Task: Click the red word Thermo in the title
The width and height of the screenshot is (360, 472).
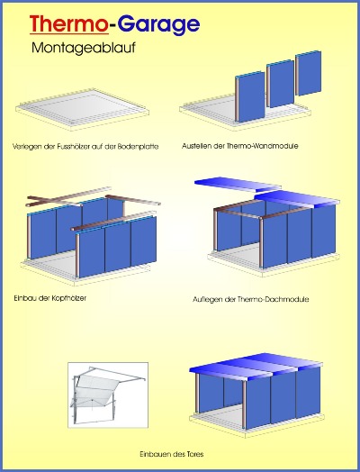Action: (69, 23)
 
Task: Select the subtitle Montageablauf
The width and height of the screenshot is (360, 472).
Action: (84, 48)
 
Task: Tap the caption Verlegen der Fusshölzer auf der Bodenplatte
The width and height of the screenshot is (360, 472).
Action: (85, 147)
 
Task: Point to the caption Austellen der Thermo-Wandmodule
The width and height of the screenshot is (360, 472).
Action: (240, 146)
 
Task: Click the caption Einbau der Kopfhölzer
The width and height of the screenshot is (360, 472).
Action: (49, 298)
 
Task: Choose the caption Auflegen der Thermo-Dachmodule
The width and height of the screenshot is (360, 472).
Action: (250, 300)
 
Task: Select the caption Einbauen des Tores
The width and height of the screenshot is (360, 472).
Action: (171, 454)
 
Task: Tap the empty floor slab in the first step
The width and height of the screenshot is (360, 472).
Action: (82, 110)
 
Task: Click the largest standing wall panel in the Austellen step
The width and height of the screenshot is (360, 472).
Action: (250, 96)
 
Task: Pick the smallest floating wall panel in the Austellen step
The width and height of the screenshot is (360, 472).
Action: (308, 73)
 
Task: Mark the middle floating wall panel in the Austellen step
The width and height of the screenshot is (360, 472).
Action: (280, 84)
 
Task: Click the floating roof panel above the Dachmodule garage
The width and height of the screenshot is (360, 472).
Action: (238, 185)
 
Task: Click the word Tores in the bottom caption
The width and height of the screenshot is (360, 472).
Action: (195, 454)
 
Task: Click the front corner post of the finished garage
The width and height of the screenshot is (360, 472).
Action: (244, 404)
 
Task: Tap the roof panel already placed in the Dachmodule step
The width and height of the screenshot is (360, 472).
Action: (297, 200)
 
